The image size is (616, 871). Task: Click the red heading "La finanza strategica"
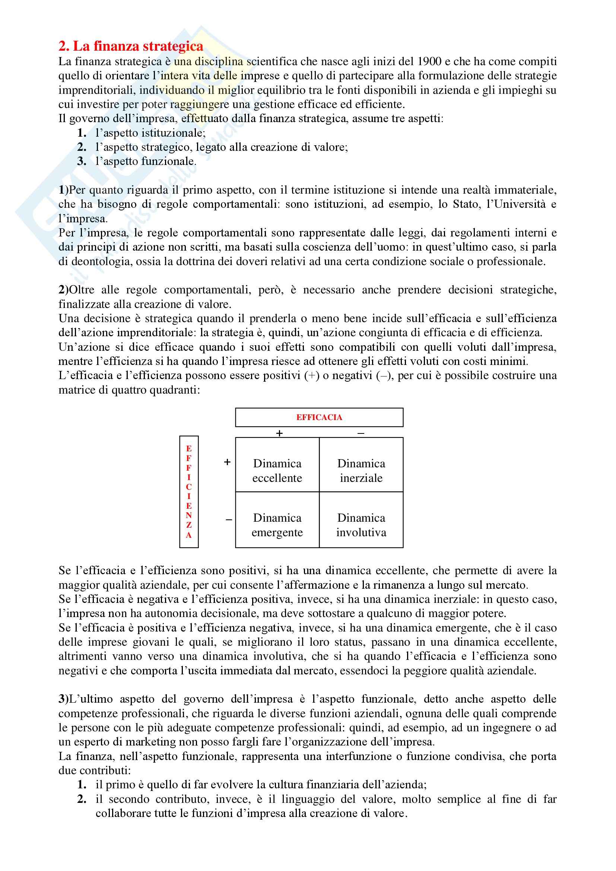(131, 46)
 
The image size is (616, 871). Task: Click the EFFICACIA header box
(319, 417)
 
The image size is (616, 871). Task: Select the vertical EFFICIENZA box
(189, 492)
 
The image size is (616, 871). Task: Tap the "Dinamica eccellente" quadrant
(277, 470)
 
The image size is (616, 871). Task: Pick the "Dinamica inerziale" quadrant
(361, 470)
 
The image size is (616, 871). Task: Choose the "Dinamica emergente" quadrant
(277, 525)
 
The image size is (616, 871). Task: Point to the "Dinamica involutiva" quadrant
(361, 525)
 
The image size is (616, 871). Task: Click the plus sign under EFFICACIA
(280, 433)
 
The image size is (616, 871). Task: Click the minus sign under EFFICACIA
(361, 433)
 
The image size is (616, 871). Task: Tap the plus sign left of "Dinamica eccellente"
(227, 462)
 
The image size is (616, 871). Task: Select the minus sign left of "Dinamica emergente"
(229, 520)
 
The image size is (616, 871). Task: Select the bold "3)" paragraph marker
(63, 699)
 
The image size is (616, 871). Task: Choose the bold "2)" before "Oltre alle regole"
(63, 290)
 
